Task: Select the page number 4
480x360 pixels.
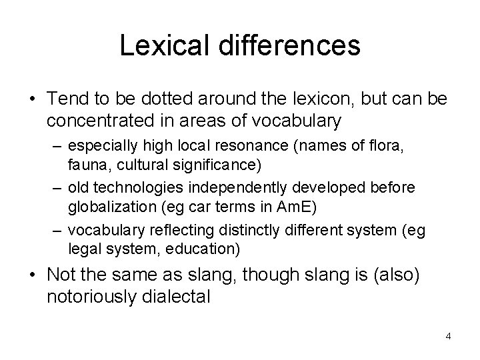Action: (x=449, y=336)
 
